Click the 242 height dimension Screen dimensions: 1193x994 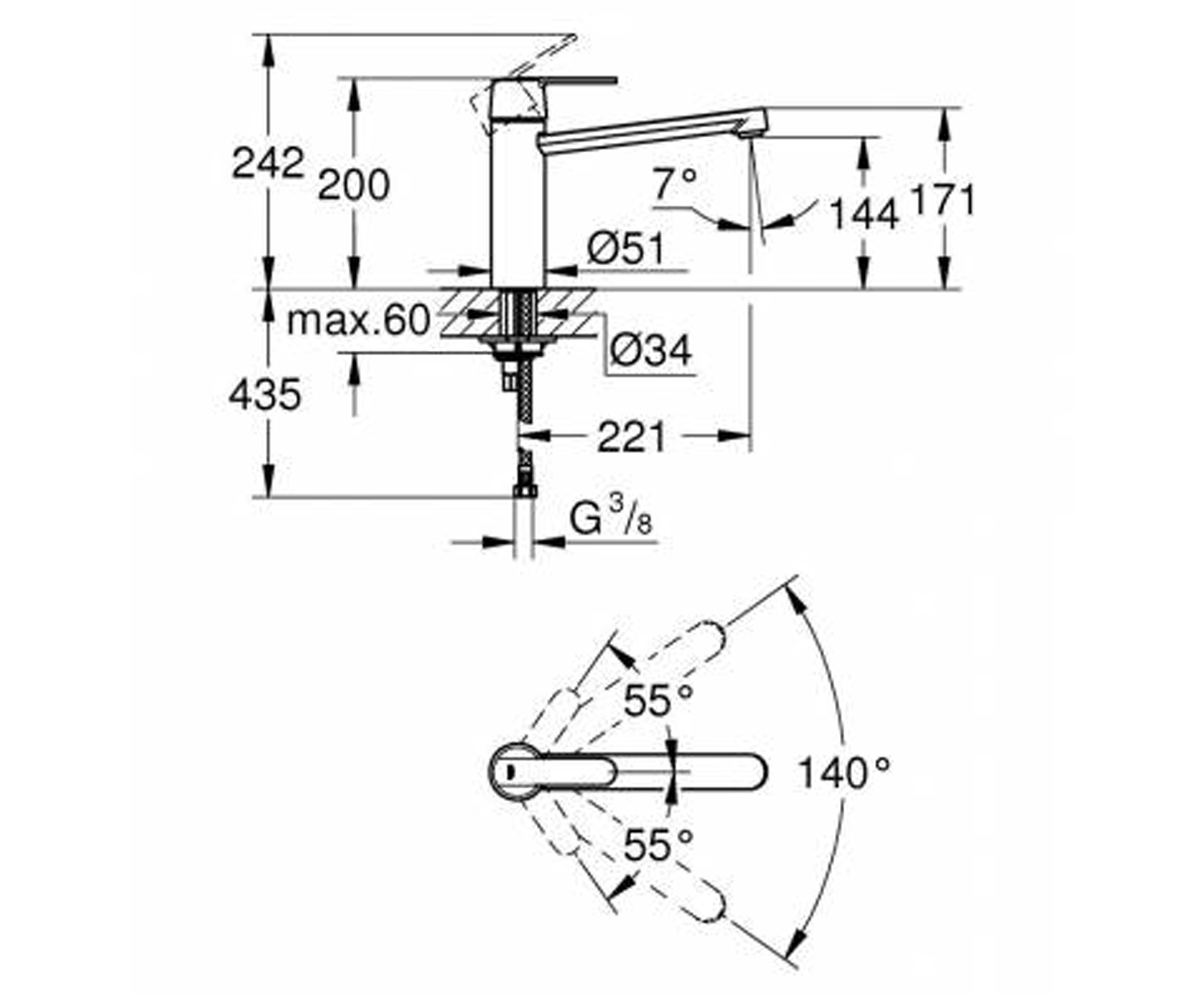[267, 163]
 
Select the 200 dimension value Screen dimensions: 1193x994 [354, 185]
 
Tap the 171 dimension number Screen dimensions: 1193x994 [943, 200]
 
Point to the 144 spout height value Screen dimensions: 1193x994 [864, 215]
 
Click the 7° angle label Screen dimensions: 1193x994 [676, 183]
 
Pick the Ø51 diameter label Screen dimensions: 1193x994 [626, 248]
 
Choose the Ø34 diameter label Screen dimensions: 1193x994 [651, 350]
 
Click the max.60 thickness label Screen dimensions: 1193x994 [358, 320]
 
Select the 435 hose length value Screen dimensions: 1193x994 [264, 395]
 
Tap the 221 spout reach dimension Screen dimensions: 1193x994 [631, 437]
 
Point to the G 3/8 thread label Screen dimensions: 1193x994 [610, 517]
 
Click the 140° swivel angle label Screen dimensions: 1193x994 [843, 772]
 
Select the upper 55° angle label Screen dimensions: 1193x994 [658, 700]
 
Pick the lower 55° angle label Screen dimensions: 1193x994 [658, 845]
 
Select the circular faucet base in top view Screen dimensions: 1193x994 [513, 771]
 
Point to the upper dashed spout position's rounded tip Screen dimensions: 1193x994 [714, 636]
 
